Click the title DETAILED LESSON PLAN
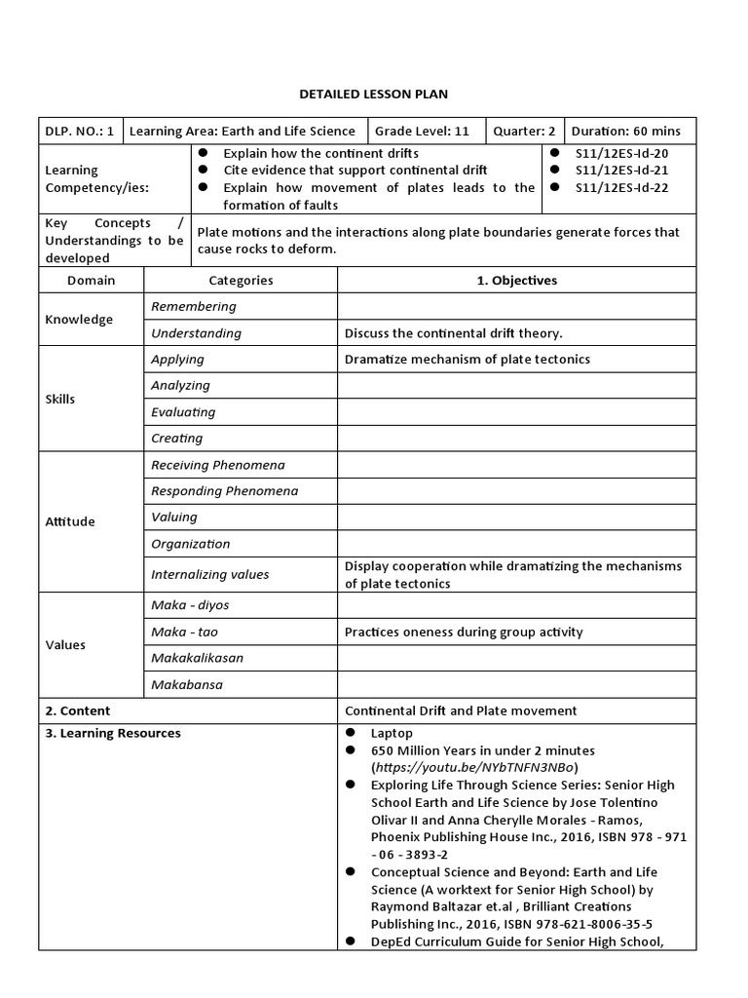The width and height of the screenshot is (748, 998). tap(373, 94)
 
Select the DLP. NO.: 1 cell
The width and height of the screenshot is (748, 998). tap(80, 132)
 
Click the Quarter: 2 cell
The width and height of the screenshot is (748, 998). tap(523, 132)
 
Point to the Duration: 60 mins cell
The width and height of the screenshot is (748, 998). tap(626, 132)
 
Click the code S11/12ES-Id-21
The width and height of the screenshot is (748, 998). tap(621, 171)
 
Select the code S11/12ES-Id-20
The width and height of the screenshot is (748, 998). tap(621, 153)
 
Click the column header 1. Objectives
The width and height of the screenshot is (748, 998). tap(516, 281)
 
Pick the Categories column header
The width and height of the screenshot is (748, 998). tap(241, 281)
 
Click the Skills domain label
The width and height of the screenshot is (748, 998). tap(60, 399)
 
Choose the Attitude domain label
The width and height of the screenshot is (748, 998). tap(70, 521)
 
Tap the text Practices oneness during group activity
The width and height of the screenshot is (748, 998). tap(464, 632)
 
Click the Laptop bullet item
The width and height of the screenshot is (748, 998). tap(392, 733)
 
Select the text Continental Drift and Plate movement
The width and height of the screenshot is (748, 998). tap(461, 710)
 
